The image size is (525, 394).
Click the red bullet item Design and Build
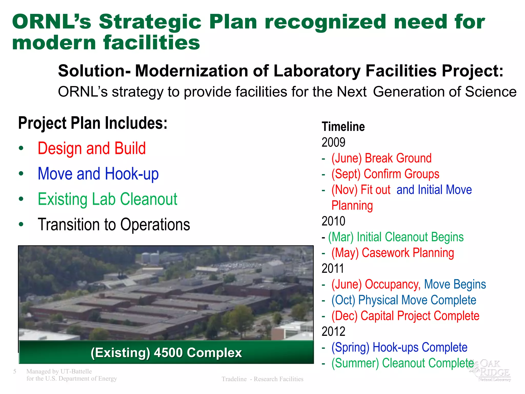pyautogui.click(x=92, y=149)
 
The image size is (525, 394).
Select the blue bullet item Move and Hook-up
pyautogui.click(x=98, y=174)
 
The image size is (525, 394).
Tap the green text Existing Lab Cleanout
pyautogui.click(x=107, y=199)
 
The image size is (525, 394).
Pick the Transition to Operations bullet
pyautogui.click(x=114, y=225)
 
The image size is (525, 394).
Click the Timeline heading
pyautogui.click(x=343, y=127)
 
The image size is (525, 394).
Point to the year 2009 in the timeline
pyautogui.click(x=333, y=142)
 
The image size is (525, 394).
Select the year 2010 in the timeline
pyautogui.click(x=333, y=221)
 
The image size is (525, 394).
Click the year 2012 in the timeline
pyautogui.click(x=333, y=331)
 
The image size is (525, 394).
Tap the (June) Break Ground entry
pyautogui.click(x=381, y=158)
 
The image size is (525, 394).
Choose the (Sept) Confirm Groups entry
pyautogui.click(x=385, y=174)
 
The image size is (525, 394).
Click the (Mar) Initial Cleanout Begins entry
pyautogui.click(x=396, y=237)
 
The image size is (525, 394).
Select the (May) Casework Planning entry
pyautogui.click(x=392, y=253)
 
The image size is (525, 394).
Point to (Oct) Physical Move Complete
pyautogui.click(x=403, y=300)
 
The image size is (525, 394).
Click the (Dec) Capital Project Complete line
pyautogui.click(x=405, y=316)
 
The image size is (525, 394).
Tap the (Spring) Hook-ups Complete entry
pyautogui.click(x=399, y=348)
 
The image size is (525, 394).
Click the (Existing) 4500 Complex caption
pyautogui.click(x=166, y=352)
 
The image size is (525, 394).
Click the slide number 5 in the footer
pyautogui.click(x=15, y=371)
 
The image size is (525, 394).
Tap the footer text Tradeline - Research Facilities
pyautogui.click(x=262, y=379)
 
